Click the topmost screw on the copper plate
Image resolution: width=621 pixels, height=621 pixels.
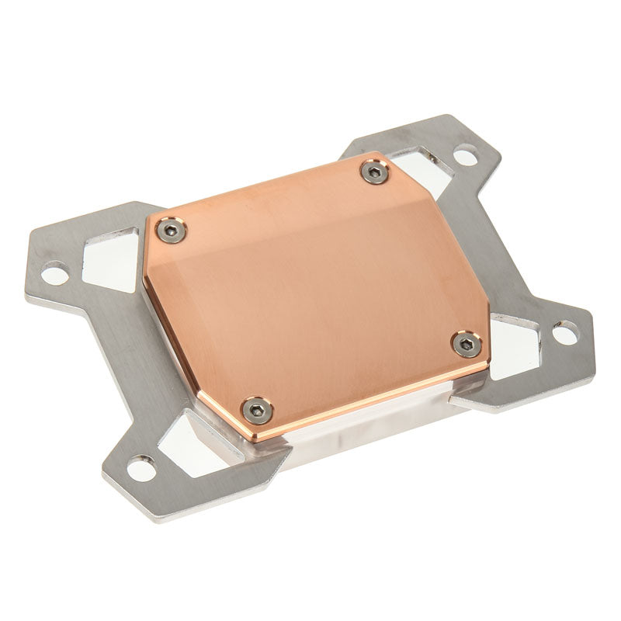click(375, 172)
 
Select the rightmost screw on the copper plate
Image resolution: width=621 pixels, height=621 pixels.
click(467, 344)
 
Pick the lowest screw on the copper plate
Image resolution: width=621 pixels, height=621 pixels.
click(255, 408)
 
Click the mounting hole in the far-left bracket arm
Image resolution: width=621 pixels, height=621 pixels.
click(54, 272)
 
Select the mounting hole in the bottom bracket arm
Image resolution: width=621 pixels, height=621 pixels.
click(141, 468)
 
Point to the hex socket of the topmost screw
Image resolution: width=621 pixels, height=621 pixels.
click(375, 172)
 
